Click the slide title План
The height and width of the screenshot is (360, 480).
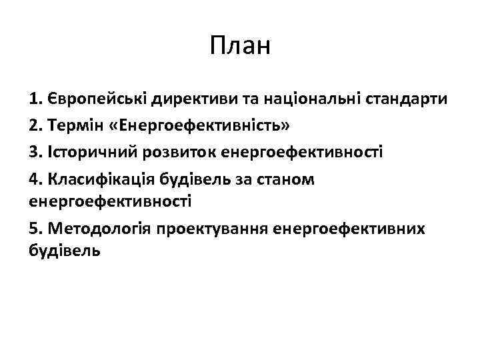(239, 47)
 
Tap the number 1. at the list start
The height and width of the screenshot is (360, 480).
(37, 100)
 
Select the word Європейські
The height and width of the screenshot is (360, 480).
(97, 100)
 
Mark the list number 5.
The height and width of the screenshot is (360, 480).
(37, 228)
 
